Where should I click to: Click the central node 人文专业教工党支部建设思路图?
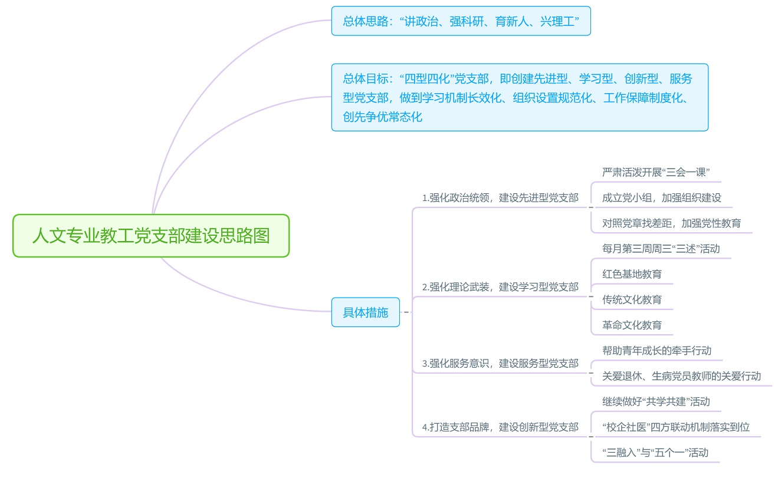pyautogui.click(x=151, y=236)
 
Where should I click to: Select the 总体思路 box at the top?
pyautogui.click(x=461, y=21)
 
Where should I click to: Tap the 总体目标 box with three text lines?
pyautogui.click(x=519, y=97)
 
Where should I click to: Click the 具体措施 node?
pyautogui.click(x=366, y=312)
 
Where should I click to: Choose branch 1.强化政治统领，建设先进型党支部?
pyautogui.click(x=500, y=198)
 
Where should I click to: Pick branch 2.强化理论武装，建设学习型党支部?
pyautogui.click(x=500, y=287)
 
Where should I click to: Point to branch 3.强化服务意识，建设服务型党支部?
pyautogui.click(x=500, y=363)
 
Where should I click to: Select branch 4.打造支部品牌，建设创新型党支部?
pyautogui.click(x=500, y=427)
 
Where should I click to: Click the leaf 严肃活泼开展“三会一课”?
pyautogui.click(x=655, y=172)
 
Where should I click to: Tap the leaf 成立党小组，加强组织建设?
pyautogui.click(x=661, y=197)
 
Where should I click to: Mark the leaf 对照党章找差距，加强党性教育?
pyautogui.click(x=671, y=223)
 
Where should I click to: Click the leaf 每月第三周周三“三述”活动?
pyautogui.click(x=661, y=248)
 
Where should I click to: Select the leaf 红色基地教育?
pyautogui.click(x=632, y=274)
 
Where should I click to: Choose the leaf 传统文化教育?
pyautogui.click(x=632, y=299)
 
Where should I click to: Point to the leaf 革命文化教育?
pyautogui.click(x=632, y=325)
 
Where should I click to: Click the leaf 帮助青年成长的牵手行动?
pyautogui.click(x=656, y=351)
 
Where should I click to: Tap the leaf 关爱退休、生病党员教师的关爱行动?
pyautogui.click(x=681, y=376)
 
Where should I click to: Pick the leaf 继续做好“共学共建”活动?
pyautogui.click(x=656, y=401)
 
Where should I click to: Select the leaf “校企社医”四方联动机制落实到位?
pyautogui.click(x=675, y=427)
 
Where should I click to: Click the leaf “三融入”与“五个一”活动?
pyautogui.click(x=655, y=453)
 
